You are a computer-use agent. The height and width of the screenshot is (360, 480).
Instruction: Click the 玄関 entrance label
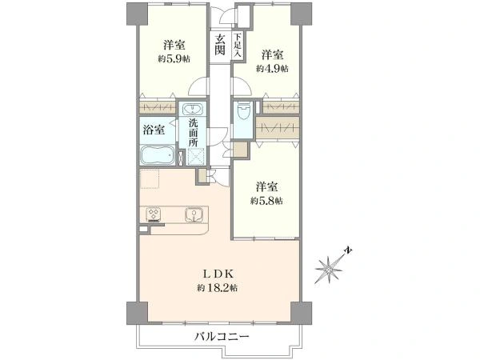pyautogui.click(x=220, y=45)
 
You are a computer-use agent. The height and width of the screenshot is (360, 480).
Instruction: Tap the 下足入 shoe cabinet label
pyautogui.click(x=238, y=46)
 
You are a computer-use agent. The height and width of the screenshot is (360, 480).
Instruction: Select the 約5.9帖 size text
pyautogui.click(x=174, y=58)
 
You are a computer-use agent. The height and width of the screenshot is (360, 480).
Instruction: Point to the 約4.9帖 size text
pyautogui.click(x=272, y=68)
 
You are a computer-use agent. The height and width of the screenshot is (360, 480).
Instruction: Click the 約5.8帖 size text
pyautogui.click(x=266, y=201)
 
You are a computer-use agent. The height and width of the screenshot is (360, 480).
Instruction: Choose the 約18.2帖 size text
pyautogui.click(x=217, y=288)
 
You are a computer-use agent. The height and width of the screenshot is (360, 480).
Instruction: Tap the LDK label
pyautogui.click(x=218, y=274)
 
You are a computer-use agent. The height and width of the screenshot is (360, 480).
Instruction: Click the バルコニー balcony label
pyautogui.click(x=222, y=337)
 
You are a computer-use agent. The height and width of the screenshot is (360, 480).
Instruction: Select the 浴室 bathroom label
pyautogui.click(x=154, y=130)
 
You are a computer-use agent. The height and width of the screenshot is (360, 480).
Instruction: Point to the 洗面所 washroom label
pyautogui.click(x=193, y=132)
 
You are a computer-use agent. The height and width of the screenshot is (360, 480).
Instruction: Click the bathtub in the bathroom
pyautogui.click(x=158, y=155)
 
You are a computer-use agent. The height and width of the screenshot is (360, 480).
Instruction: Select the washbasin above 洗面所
pyautogui.click(x=193, y=109)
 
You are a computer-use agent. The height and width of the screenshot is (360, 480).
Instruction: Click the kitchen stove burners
pyautogui.click(x=154, y=214)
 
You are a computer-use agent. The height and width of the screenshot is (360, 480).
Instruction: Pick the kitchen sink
pyautogui.click(x=194, y=214)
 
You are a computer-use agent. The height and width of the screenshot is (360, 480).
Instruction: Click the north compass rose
pyautogui.click(x=330, y=267)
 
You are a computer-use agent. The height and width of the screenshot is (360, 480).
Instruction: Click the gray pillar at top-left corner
pyautogui.click(x=137, y=14)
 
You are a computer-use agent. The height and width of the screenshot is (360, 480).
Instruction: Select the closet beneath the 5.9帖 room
pyautogui.click(x=158, y=107)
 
